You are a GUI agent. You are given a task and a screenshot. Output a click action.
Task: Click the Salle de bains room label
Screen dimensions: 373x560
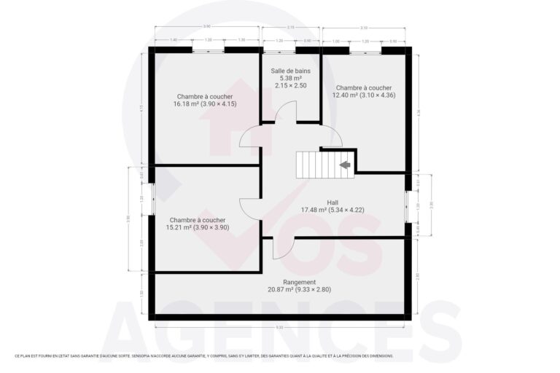290,71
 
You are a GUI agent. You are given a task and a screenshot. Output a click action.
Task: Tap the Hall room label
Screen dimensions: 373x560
332,203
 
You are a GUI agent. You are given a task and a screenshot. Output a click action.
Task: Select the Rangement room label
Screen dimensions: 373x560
300,282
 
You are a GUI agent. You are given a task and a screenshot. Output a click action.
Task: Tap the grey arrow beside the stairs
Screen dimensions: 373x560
345,165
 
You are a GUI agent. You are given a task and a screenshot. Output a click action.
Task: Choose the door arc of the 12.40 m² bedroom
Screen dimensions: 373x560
332,136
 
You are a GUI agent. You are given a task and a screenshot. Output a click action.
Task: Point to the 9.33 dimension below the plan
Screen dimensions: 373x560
280,327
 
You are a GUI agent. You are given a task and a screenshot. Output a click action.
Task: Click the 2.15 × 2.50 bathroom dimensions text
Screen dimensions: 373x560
290,85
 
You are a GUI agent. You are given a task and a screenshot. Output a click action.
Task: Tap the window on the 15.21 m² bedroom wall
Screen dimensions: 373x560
152,198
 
